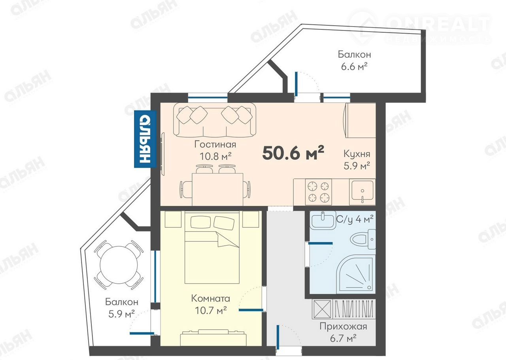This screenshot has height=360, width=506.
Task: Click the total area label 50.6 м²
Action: click(293, 153)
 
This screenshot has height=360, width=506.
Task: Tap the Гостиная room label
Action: click(215, 144)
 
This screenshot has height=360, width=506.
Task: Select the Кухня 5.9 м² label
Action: click(357, 160)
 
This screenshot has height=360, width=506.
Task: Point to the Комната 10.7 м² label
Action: click(211, 304)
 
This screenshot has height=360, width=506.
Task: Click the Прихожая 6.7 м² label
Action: click(344, 332)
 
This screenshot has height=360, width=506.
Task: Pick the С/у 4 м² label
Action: click(355, 219)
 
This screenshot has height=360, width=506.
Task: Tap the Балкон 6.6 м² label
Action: click(354, 61)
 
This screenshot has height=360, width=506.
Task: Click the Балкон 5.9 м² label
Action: click(121, 308)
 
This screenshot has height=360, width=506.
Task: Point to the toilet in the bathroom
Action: click(363, 239)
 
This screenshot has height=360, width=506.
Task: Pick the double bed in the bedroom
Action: click(212, 247)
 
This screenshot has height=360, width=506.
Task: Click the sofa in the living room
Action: click(215, 120)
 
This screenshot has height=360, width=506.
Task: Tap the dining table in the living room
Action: click(217, 189)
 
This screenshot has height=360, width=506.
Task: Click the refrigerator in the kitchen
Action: click(359, 120)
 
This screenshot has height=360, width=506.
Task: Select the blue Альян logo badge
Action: click(145, 139)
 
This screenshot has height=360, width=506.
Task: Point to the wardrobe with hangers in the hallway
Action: click(344, 309)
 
